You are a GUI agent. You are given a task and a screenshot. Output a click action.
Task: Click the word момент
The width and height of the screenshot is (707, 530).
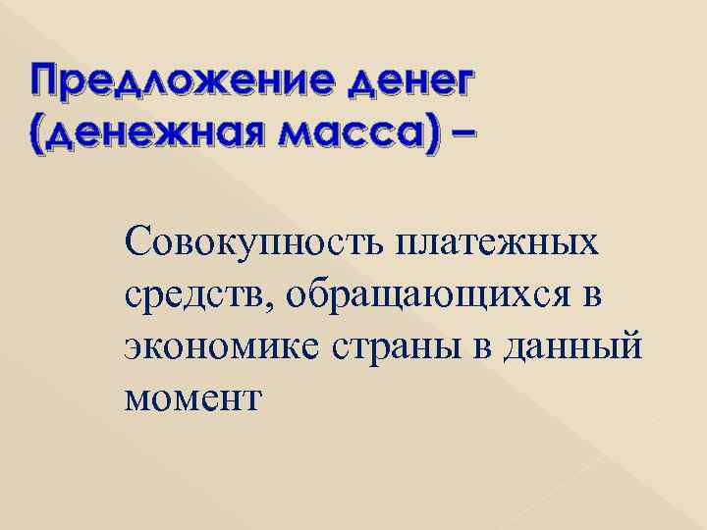[x=192, y=398]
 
